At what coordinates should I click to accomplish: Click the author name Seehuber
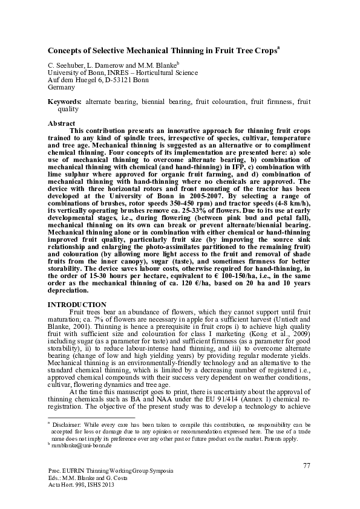(67, 63)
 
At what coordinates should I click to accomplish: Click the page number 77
(307, 464)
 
